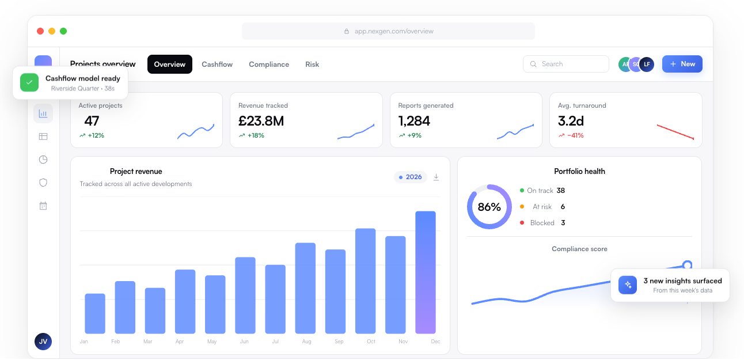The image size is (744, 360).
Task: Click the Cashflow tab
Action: coord(217,65)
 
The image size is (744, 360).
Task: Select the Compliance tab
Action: coord(269,65)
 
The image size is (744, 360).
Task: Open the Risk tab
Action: coord(312,65)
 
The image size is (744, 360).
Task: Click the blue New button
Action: coord(682,64)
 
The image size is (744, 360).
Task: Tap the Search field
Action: coord(565,64)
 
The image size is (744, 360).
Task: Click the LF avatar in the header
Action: coord(647,64)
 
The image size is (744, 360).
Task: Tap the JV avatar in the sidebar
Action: coord(43,342)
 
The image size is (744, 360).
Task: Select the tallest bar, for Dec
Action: coord(425,272)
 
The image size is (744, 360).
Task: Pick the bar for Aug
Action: coord(305,288)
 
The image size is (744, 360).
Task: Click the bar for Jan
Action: coord(95,313)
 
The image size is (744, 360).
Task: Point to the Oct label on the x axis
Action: coord(371,342)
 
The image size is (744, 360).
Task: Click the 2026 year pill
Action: coord(410,177)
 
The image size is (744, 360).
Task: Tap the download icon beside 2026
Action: coord(436,177)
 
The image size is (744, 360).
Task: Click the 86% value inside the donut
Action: coord(489,207)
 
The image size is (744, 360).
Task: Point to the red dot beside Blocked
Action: coord(522,222)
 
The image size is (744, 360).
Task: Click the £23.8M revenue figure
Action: coord(261,121)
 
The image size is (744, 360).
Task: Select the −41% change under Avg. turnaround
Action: coord(575,135)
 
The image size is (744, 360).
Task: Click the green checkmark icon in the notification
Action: coord(29,82)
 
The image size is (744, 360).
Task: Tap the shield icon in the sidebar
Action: coord(43,183)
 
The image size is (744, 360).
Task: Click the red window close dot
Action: coord(40,31)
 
